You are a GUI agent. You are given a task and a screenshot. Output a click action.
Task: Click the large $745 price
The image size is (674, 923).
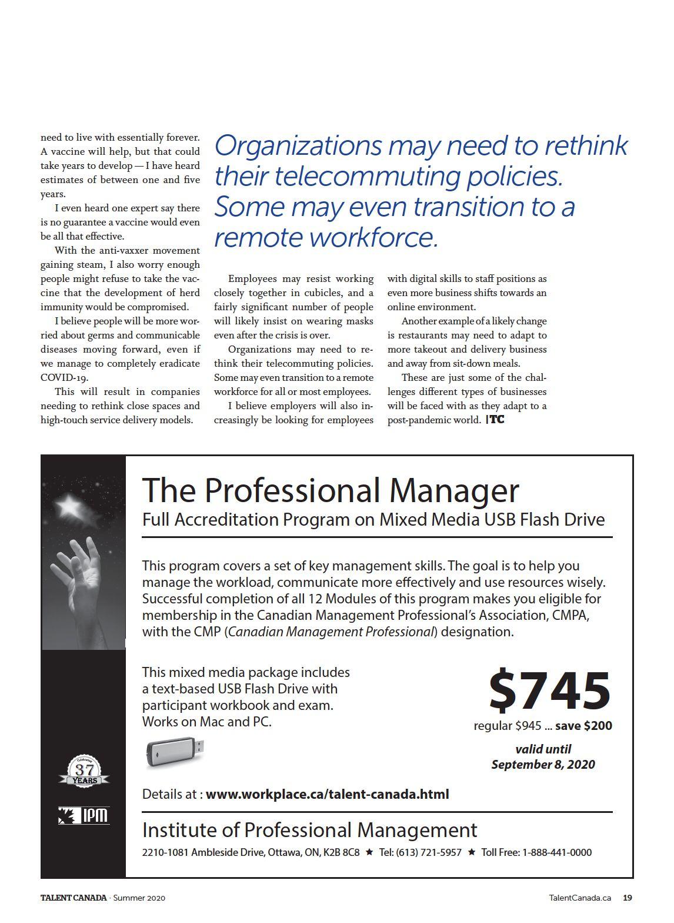tap(550, 690)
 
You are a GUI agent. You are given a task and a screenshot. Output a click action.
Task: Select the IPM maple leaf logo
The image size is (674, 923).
tap(84, 815)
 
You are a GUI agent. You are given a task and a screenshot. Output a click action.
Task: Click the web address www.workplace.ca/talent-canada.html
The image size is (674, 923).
tap(327, 794)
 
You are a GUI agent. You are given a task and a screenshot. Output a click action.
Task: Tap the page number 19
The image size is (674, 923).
tap(628, 898)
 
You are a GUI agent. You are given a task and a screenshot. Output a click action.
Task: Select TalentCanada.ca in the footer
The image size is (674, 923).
tap(579, 898)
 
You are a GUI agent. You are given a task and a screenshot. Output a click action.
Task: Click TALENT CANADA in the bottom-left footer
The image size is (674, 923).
tap(74, 898)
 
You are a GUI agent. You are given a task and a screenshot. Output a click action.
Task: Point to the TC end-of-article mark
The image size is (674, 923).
tap(496, 420)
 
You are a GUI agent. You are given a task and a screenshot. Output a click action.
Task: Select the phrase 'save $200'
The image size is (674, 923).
tap(583, 726)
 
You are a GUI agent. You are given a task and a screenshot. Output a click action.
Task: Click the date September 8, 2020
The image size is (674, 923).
tap(543, 765)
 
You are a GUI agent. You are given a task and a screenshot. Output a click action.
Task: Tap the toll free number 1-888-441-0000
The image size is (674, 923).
tap(556, 852)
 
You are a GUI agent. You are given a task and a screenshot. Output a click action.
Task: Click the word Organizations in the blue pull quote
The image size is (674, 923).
tap(298, 146)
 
